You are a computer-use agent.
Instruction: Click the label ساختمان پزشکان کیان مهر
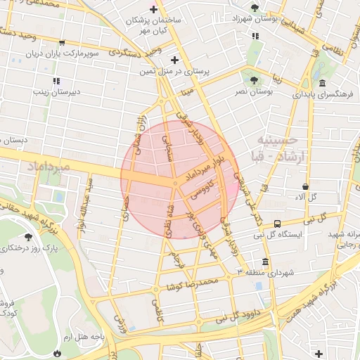click(x=153, y=25)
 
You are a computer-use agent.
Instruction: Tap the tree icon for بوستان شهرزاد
click(x=254, y=8)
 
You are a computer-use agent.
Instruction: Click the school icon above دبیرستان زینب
click(x=56, y=81)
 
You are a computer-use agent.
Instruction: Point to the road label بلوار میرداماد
click(x=208, y=169)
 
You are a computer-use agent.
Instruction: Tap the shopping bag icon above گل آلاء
click(x=305, y=186)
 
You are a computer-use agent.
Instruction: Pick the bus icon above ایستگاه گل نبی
click(x=278, y=223)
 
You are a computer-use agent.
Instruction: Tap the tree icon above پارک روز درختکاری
click(x=27, y=237)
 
